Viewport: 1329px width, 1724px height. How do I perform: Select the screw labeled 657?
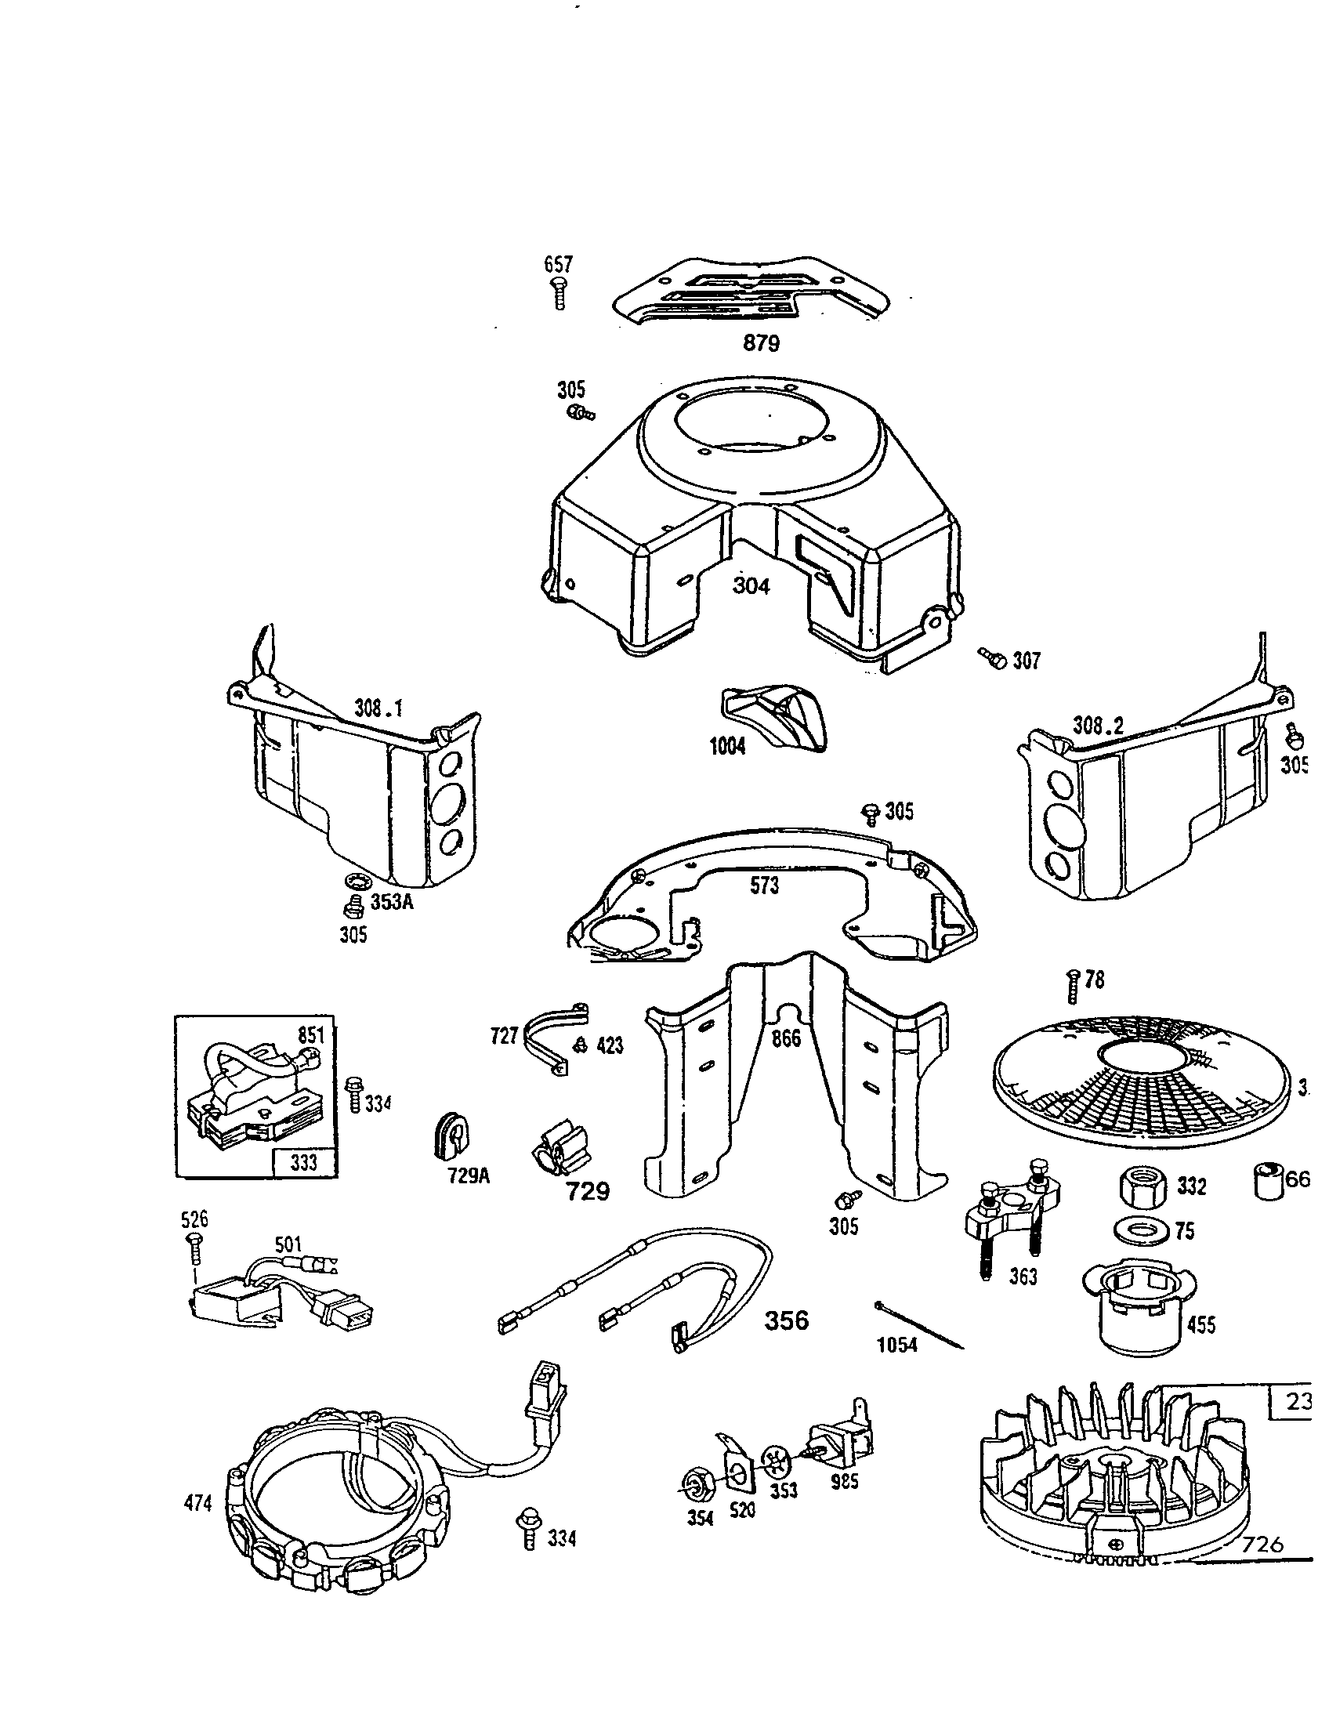tap(559, 293)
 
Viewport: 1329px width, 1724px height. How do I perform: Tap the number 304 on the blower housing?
tap(751, 585)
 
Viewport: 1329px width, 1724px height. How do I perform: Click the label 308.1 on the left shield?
tap(378, 708)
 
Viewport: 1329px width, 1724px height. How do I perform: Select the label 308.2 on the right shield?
tap(1098, 725)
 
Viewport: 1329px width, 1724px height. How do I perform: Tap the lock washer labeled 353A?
tap(353, 881)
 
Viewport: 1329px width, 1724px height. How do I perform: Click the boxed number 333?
tap(304, 1162)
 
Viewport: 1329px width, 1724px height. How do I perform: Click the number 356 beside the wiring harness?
tap(786, 1319)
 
